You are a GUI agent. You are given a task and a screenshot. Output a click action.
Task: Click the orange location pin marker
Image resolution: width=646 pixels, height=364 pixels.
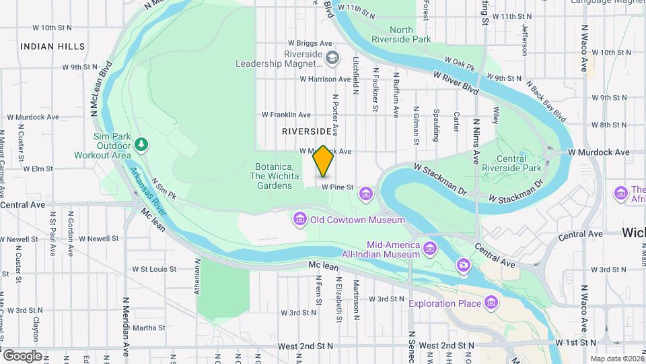[323, 161]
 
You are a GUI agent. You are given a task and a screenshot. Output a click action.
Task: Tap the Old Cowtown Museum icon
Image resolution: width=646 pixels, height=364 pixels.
[299, 219]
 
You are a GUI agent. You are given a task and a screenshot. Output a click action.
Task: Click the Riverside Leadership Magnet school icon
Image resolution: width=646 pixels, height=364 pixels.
[332, 59]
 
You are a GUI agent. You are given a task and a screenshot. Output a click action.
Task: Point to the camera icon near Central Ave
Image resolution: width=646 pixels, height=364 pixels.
[463, 266]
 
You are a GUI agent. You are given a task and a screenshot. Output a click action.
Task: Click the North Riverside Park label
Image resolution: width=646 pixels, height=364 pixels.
[410, 34]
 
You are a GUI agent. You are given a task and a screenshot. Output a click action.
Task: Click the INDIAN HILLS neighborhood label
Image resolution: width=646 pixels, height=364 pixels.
[52, 47]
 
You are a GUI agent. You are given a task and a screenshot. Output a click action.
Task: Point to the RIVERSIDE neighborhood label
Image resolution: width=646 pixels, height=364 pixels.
[307, 131]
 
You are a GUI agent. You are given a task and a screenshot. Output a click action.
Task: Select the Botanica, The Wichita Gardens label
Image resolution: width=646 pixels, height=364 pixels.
[273, 176]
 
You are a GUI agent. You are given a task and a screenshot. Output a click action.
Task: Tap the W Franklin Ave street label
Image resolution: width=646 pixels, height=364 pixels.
[286, 115]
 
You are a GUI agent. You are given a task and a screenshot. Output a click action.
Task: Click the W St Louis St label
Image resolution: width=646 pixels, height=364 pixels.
[154, 268]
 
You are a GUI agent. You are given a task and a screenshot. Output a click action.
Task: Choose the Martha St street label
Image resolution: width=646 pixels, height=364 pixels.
[149, 328]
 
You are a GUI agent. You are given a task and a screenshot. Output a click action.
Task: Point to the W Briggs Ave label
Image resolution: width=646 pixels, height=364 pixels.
[310, 42]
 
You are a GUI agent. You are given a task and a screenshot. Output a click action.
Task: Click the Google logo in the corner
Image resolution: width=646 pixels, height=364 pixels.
[23, 355]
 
